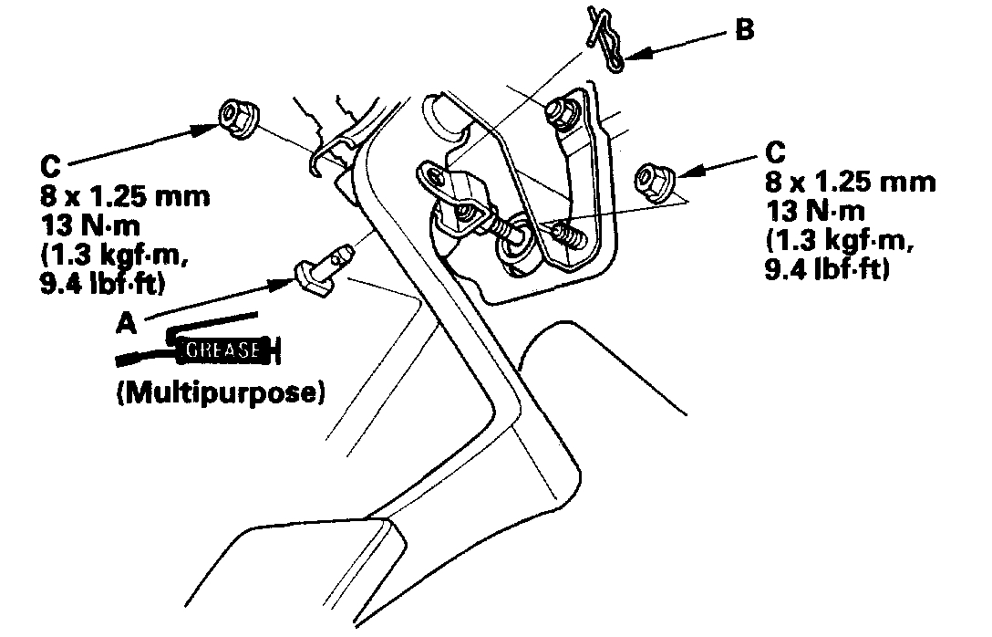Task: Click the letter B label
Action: click(745, 30)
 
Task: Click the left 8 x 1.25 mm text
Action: click(124, 195)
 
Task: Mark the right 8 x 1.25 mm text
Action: click(850, 182)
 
